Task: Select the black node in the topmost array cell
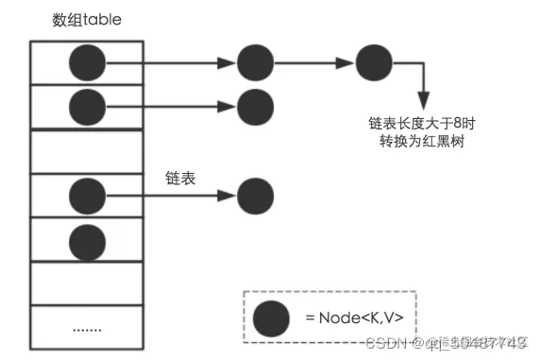point(87,63)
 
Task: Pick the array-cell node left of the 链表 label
point(87,196)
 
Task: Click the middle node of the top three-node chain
point(255,63)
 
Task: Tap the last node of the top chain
point(374,63)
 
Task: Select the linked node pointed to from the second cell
point(255,106)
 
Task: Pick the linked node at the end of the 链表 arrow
point(255,196)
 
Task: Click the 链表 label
point(178,178)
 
